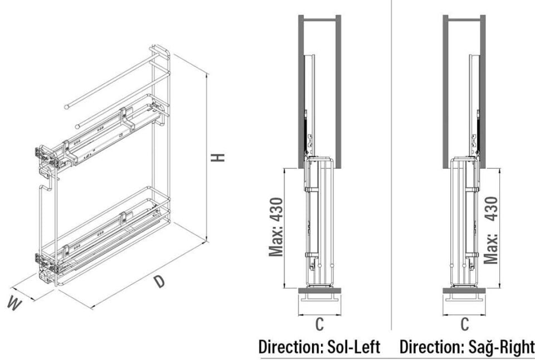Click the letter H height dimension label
220,157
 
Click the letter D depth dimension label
160,282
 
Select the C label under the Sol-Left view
319,324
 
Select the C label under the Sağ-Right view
465,324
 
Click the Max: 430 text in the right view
491,230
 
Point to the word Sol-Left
352,347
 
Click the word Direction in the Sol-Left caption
289,347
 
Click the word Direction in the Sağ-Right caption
431,347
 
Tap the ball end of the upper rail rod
67,104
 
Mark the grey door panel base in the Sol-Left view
319,291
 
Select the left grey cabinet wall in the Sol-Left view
300,89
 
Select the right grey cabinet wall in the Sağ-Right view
483,89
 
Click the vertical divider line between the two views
391,167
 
